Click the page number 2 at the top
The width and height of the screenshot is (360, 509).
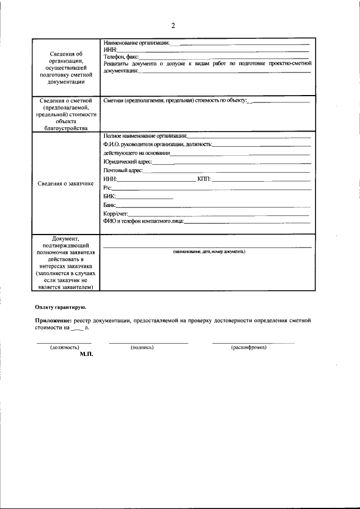[x=173, y=25]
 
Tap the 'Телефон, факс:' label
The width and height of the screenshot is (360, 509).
[x=121, y=57]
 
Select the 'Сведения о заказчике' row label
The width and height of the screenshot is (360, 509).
[x=66, y=183]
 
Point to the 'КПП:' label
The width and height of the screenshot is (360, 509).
[x=204, y=179]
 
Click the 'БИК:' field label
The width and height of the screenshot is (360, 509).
[x=110, y=196]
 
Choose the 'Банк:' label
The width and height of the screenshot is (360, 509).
[x=110, y=205]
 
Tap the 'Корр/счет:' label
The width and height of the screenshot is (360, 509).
[x=116, y=214]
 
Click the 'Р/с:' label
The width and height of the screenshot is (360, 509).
[x=108, y=187]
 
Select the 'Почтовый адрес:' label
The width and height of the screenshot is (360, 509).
[x=123, y=170]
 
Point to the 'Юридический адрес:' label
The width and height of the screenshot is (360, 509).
[x=128, y=161]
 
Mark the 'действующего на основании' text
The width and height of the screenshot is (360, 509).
[x=136, y=153]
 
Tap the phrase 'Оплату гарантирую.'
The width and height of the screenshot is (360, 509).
[x=60, y=307]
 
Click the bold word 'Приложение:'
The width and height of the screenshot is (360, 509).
[x=53, y=320]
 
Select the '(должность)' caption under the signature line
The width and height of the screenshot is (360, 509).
[x=65, y=348]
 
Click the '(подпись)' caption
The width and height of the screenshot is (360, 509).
[x=142, y=348]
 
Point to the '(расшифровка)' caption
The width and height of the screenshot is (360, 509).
[x=249, y=348]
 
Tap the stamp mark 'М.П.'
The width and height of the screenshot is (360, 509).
[x=86, y=355]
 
